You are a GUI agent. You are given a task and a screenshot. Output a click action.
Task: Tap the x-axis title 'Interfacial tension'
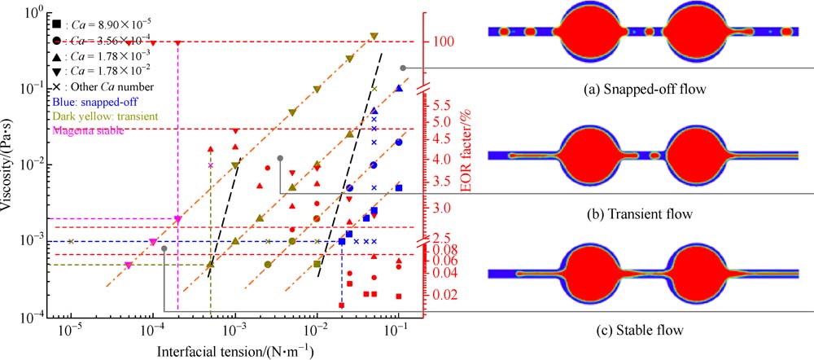(x=232, y=351)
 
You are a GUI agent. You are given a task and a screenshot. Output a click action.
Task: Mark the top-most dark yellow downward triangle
(x=374, y=37)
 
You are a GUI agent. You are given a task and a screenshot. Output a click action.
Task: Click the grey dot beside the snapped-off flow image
(x=402, y=68)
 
